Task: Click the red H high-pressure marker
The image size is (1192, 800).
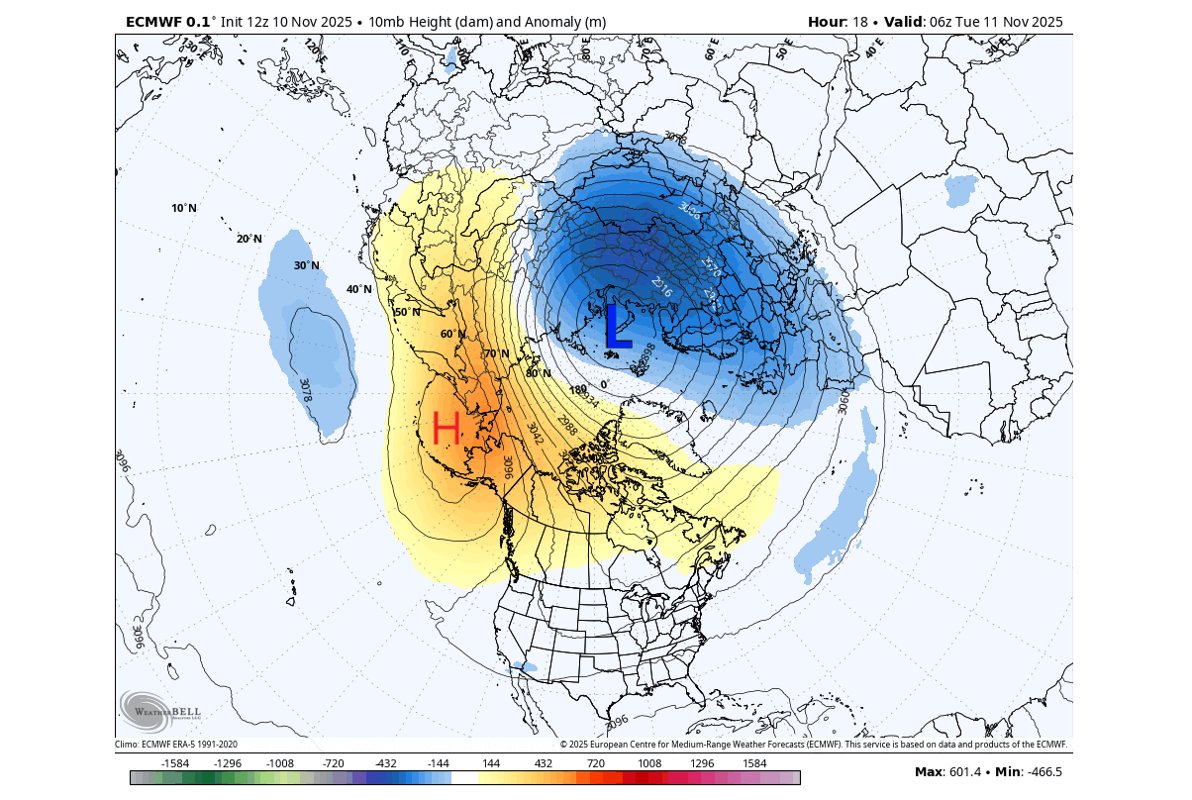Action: click(447, 428)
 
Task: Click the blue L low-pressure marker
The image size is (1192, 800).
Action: click(617, 327)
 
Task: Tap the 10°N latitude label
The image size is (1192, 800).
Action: click(183, 208)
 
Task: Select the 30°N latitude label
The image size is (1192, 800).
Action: click(306, 265)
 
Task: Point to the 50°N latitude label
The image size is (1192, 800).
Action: click(407, 312)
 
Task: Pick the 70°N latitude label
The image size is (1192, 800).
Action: click(496, 353)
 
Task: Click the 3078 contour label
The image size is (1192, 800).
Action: click(305, 390)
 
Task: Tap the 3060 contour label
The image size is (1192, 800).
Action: click(844, 402)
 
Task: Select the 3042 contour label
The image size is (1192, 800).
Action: click(535, 434)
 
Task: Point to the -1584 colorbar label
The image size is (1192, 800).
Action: click(175, 763)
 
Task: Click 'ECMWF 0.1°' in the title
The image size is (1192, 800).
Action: click(167, 22)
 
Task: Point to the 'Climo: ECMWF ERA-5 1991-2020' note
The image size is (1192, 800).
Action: click(176, 744)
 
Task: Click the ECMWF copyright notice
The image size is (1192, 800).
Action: click(813, 744)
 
